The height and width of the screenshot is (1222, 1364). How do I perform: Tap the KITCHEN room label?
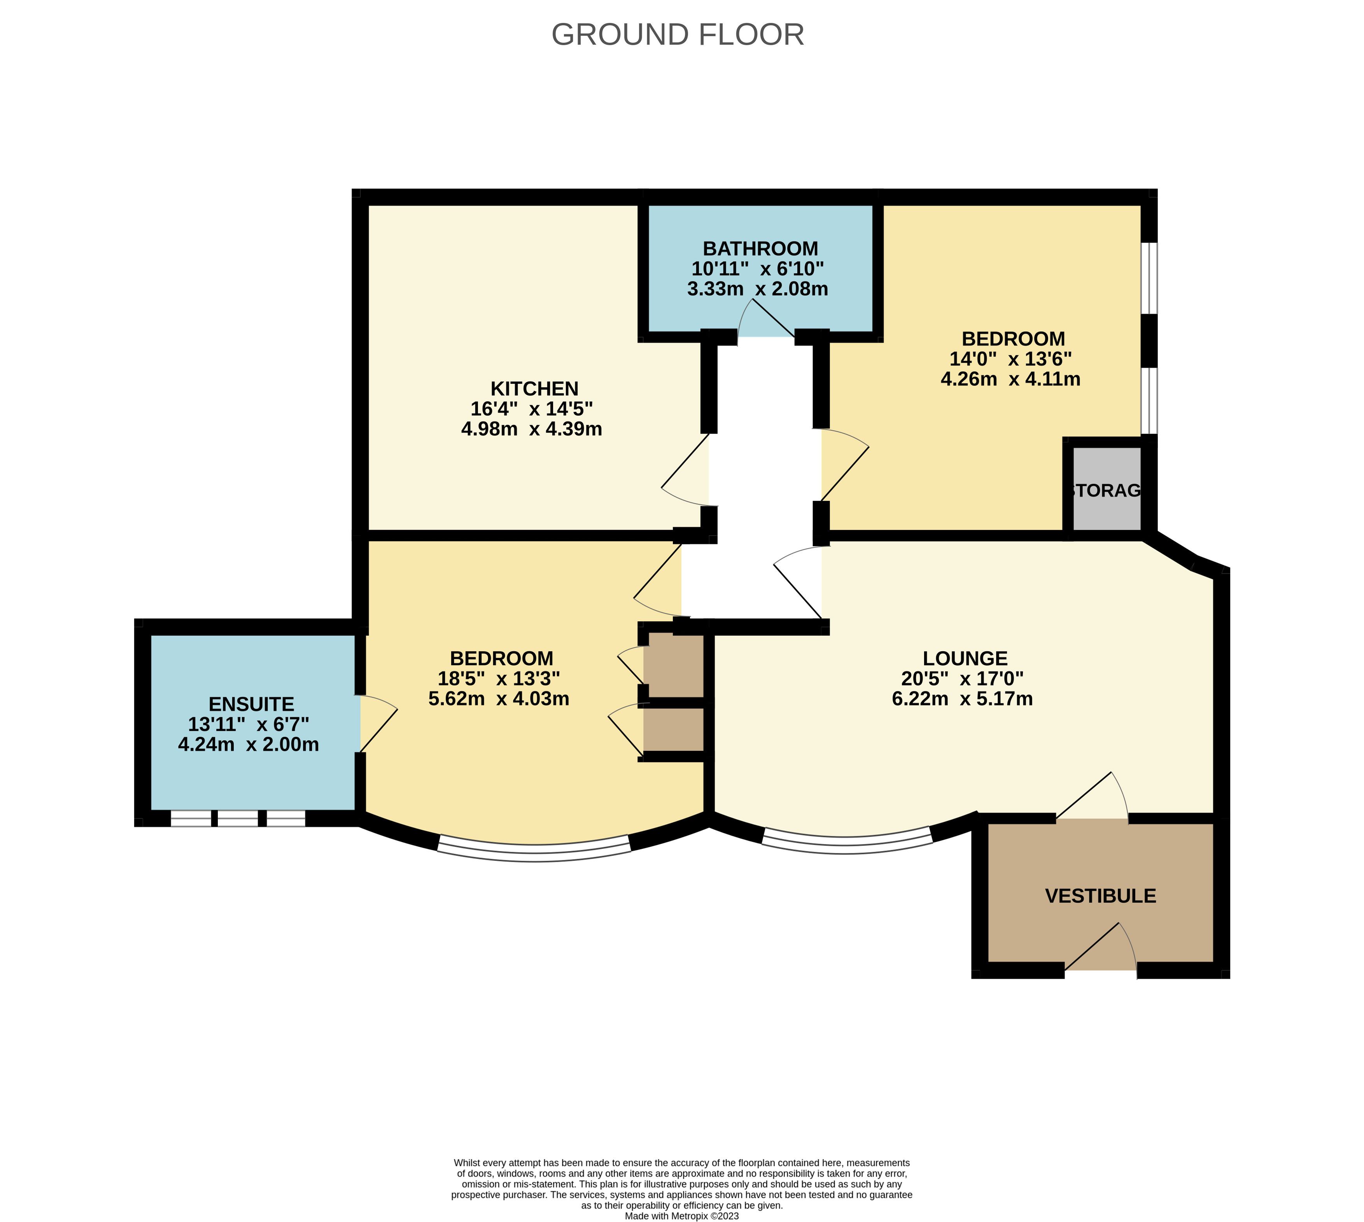tap(534, 389)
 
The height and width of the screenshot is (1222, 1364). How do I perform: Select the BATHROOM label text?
tap(760, 248)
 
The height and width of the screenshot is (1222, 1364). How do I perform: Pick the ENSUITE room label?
tap(251, 705)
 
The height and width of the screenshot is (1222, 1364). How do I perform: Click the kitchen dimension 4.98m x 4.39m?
tap(531, 429)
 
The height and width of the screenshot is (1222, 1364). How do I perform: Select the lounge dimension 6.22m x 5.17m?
tap(962, 699)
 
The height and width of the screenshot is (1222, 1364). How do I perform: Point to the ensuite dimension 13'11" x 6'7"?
tap(249, 724)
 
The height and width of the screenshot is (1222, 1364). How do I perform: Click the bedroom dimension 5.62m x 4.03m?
tap(499, 699)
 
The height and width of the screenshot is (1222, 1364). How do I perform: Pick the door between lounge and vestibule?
tap(1092, 795)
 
